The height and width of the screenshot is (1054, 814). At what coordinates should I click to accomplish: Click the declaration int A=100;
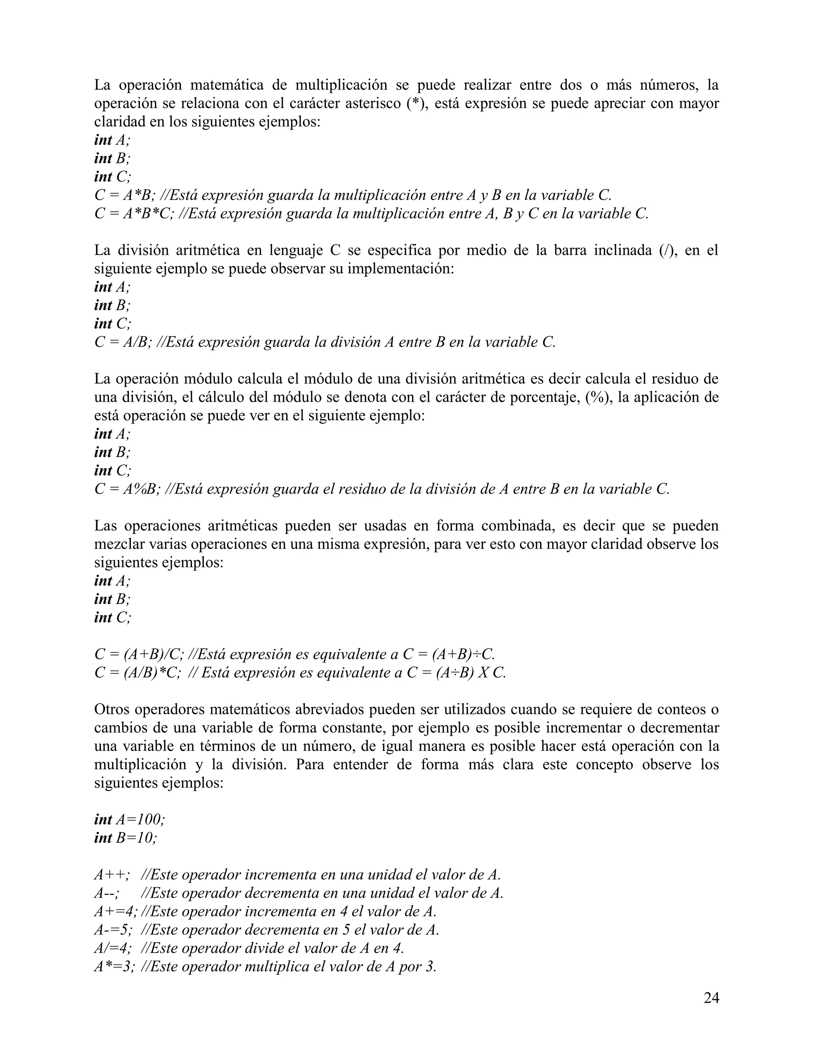click(x=130, y=819)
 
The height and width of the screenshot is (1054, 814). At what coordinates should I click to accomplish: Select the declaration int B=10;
click(x=125, y=838)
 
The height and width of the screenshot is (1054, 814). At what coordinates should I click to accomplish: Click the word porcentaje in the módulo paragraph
click(x=545, y=398)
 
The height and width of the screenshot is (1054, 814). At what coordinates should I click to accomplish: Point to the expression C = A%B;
click(x=127, y=489)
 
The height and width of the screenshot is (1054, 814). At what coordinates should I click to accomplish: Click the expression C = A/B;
click(x=125, y=342)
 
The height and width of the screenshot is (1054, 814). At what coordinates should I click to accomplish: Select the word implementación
click(x=401, y=269)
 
